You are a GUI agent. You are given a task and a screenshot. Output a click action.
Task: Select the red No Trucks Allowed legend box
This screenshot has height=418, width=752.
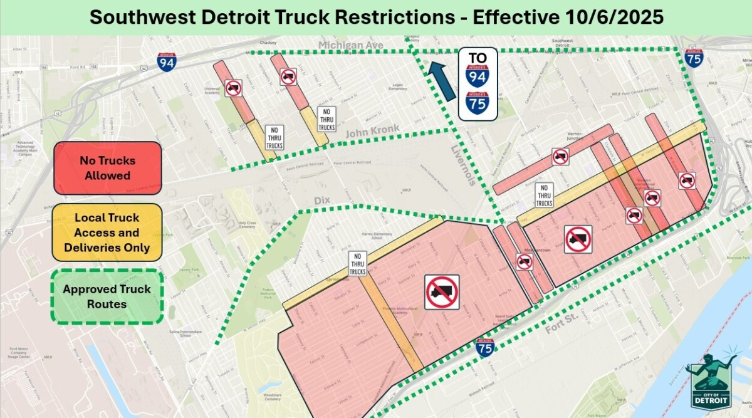(x=107, y=167)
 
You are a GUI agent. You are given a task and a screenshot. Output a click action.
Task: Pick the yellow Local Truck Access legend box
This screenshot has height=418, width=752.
(x=107, y=232)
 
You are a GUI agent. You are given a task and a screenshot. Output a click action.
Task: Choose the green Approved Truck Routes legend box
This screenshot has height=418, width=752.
(x=107, y=296)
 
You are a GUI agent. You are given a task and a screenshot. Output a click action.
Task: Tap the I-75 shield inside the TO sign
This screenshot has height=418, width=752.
(x=478, y=101)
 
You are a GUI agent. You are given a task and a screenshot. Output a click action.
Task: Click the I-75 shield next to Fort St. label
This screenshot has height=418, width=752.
(x=484, y=347)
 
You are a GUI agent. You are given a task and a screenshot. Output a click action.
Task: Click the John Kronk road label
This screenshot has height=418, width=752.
(x=372, y=130)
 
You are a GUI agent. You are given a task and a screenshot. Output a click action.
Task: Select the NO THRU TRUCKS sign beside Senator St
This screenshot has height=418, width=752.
(x=358, y=264)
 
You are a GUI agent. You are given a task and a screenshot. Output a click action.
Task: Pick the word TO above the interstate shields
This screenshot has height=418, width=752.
(x=478, y=58)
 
